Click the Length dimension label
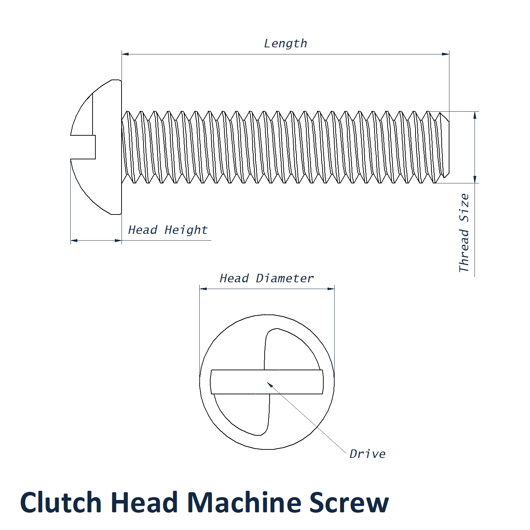285,43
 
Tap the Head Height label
168,230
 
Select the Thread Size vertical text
464,233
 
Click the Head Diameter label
266,278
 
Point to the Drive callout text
367,454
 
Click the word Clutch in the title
61,502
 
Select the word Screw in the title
349,502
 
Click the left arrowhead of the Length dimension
125,54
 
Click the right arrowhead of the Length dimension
446,54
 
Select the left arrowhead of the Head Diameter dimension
203,289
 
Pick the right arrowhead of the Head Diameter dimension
331,289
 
